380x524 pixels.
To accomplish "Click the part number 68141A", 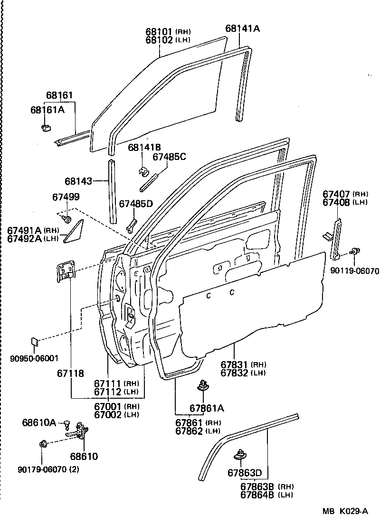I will [242, 28].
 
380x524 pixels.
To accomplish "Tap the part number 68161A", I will [47, 110].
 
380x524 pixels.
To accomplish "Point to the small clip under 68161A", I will [46, 127].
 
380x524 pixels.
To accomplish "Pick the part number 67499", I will [66, 197].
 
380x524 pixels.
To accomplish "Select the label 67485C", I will [169, 157].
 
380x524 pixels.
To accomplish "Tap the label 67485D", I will [136, 204].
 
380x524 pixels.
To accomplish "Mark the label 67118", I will [70, 374].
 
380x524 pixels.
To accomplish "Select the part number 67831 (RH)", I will [243, 365].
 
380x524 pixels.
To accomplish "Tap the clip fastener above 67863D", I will [241, 455].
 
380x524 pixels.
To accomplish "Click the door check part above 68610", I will [78, 431].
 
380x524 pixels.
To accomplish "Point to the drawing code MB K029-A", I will [345, 511].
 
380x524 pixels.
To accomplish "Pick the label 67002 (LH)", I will [116, 414].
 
